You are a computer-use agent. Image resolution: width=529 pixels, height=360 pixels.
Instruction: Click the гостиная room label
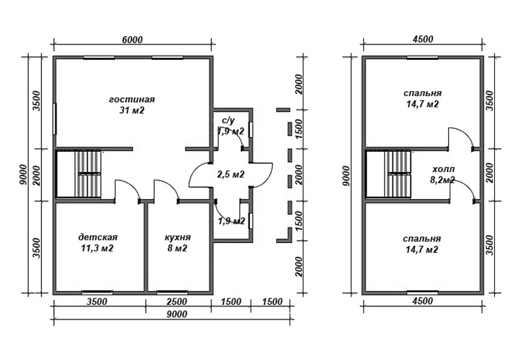(x=132, y=100)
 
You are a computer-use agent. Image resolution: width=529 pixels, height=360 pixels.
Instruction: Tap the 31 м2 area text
(x=132, y=110)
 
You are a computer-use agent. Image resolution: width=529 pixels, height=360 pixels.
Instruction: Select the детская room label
(x=98, y=237)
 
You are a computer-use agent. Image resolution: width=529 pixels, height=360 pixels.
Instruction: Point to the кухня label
(x=178, y=237)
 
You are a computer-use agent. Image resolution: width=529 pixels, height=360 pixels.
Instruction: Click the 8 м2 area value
(x=178, y=248)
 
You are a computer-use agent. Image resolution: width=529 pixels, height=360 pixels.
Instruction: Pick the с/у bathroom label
(x=228, y=121)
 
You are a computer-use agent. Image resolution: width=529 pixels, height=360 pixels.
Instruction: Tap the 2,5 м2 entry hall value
(x=231, y=175)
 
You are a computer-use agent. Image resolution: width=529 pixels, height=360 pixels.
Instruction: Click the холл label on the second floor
(x=442, y=169)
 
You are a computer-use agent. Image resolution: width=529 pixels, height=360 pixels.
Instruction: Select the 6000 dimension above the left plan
(x=132, y=40)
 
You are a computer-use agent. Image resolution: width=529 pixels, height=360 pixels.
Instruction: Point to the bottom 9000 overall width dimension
(x=177, y=314)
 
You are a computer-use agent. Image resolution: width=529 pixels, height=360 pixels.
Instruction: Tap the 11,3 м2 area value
(x=97, y=248)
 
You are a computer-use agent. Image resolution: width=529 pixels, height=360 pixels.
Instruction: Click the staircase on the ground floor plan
(x=79, y=174)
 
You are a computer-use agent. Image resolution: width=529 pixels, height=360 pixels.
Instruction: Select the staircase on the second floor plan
(x=389, y=174)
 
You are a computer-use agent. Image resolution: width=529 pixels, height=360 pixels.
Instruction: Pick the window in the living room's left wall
(x=55, y=119)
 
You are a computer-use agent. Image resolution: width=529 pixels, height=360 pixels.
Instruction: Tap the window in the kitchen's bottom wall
(x=172, y=292)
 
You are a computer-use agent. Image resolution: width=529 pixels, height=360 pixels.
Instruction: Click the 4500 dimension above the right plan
(x=423, y=39)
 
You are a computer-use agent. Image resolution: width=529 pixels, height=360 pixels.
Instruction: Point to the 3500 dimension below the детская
(x=97, y=301)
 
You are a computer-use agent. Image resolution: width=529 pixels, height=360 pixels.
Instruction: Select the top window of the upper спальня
(x=422, y=58)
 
